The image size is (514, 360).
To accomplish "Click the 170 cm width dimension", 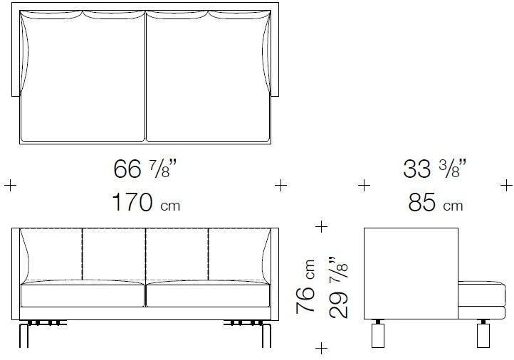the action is (x=146, y=202).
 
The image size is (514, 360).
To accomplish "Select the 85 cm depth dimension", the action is (x=436, y=202).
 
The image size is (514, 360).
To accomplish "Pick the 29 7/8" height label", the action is (x=338, y=287).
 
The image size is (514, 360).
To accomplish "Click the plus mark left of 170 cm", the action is (x=10, y=186).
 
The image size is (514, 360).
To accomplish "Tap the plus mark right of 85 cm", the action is (x=506, y=186).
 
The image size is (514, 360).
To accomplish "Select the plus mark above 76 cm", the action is (x=321, y=226).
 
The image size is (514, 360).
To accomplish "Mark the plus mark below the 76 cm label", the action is (x=321, y=348).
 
